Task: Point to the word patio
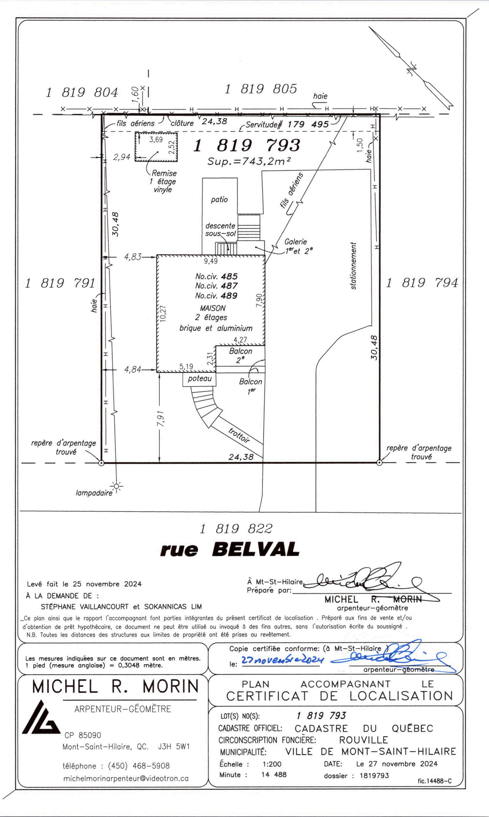[x=219, y=199]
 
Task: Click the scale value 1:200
[x=272, y=764]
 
